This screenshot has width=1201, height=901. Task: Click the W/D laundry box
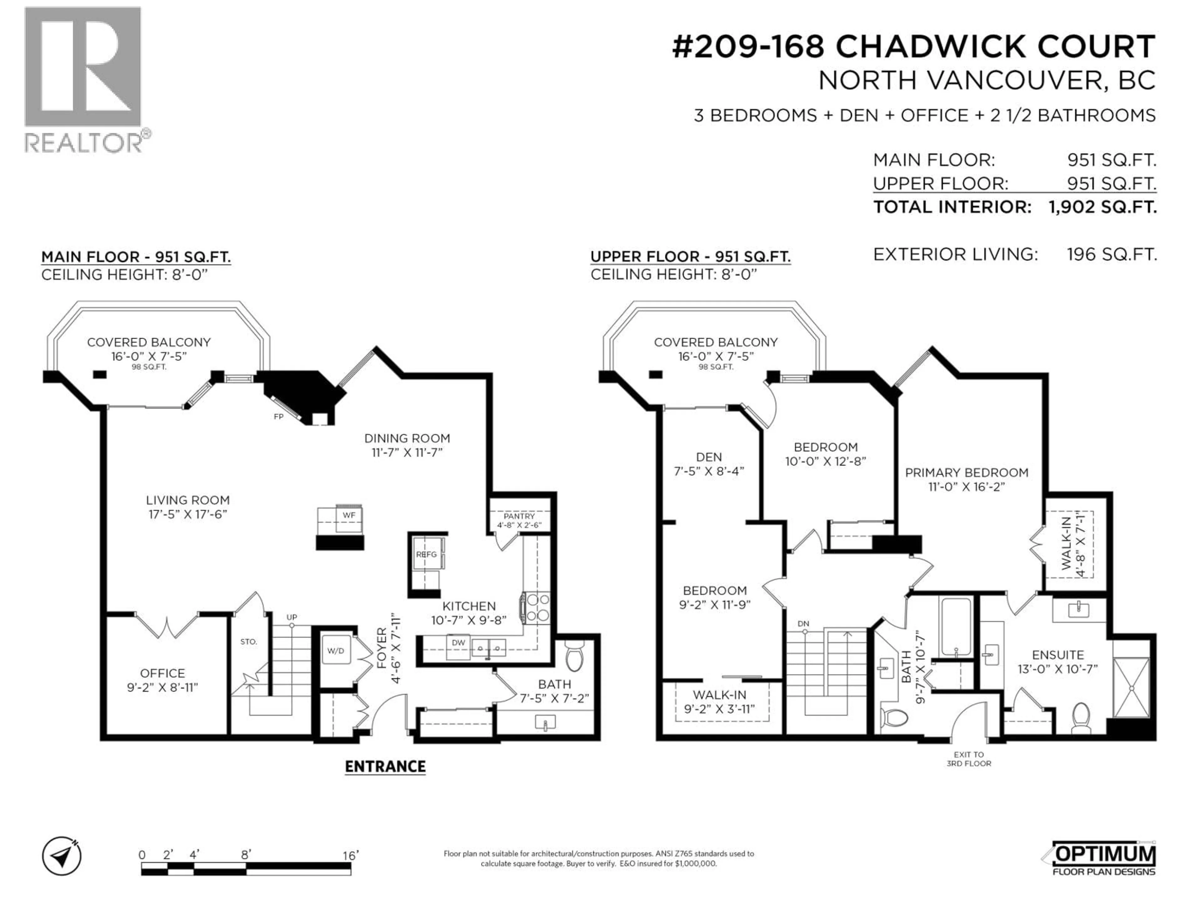(336, 651)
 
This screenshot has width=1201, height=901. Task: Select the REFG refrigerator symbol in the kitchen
(426, 554)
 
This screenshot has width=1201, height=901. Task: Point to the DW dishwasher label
(458, 643)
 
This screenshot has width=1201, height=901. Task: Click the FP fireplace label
(279, 417)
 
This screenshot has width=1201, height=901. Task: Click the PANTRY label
(519, 516)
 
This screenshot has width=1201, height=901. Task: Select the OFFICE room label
(162, 673)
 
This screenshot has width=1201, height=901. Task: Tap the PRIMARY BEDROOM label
(966, 472)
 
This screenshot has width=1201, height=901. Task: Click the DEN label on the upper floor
(708, 457)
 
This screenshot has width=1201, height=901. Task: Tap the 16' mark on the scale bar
(350, 855)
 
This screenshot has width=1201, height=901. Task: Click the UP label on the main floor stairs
(291, 618)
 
